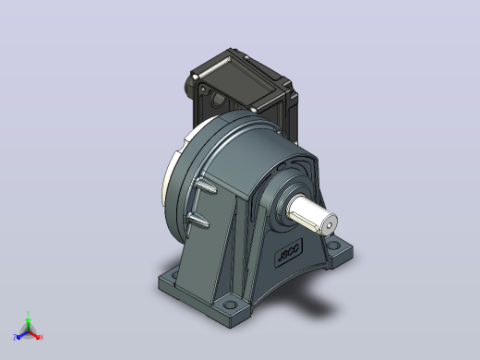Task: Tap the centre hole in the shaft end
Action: pyautogui.click(x=329, y=225)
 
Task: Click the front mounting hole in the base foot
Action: pyautogui.click(x=230, y=305)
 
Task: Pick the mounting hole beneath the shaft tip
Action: pyautogui.click(x=333, y=246)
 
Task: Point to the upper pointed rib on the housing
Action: pyautogui.click(x=206, y=186)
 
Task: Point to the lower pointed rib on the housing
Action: pyautogui.click(x=198, y=221)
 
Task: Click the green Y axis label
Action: pyautogui.click(x=28, y=314)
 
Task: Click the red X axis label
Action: pyautogui.click(x=42, y=337)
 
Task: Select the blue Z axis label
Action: pyautogui.click(x=15, y=337)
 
